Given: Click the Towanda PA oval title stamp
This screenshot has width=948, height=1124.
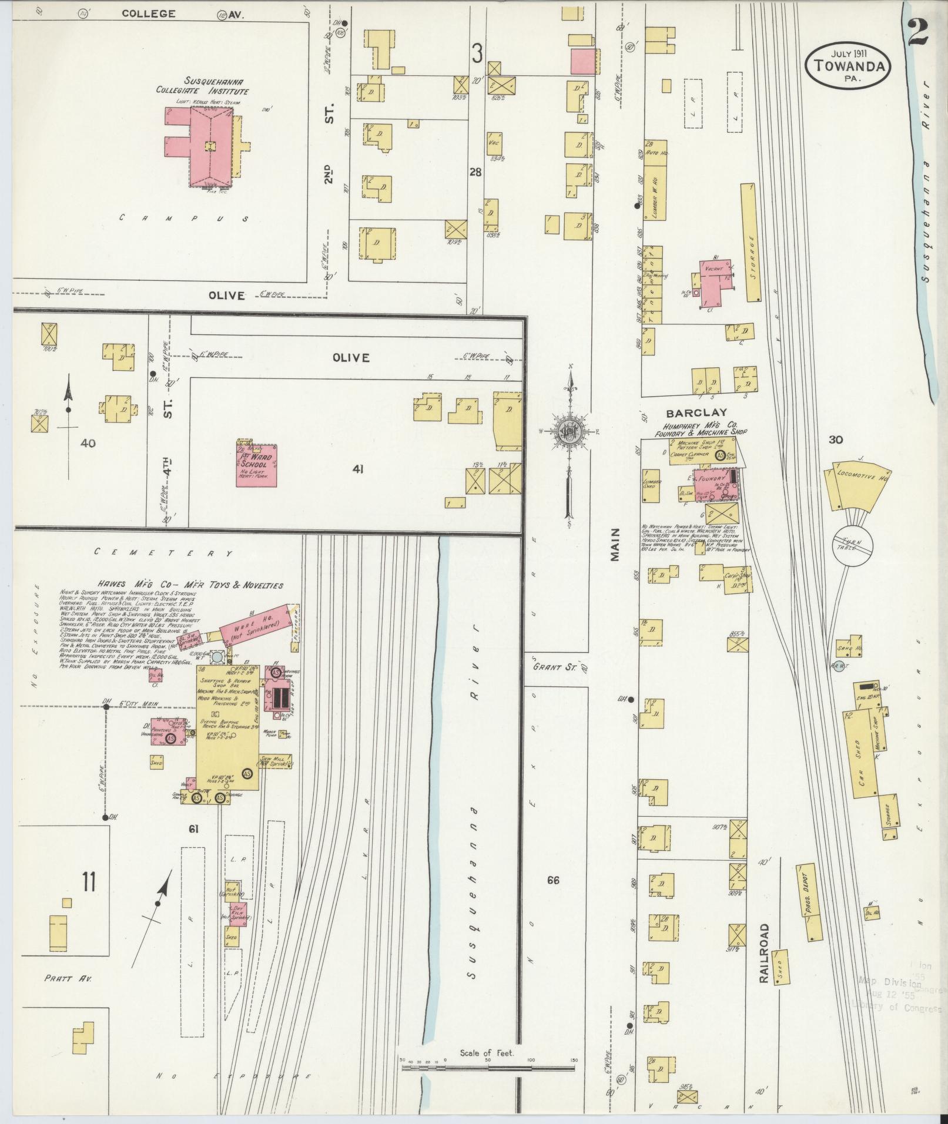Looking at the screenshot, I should [846, 67].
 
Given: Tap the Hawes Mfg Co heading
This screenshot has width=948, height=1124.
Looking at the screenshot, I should [171, 585].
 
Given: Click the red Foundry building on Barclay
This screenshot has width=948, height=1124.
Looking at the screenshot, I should [713, 484].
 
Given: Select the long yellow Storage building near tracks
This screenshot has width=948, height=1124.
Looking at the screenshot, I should [751, 242].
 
